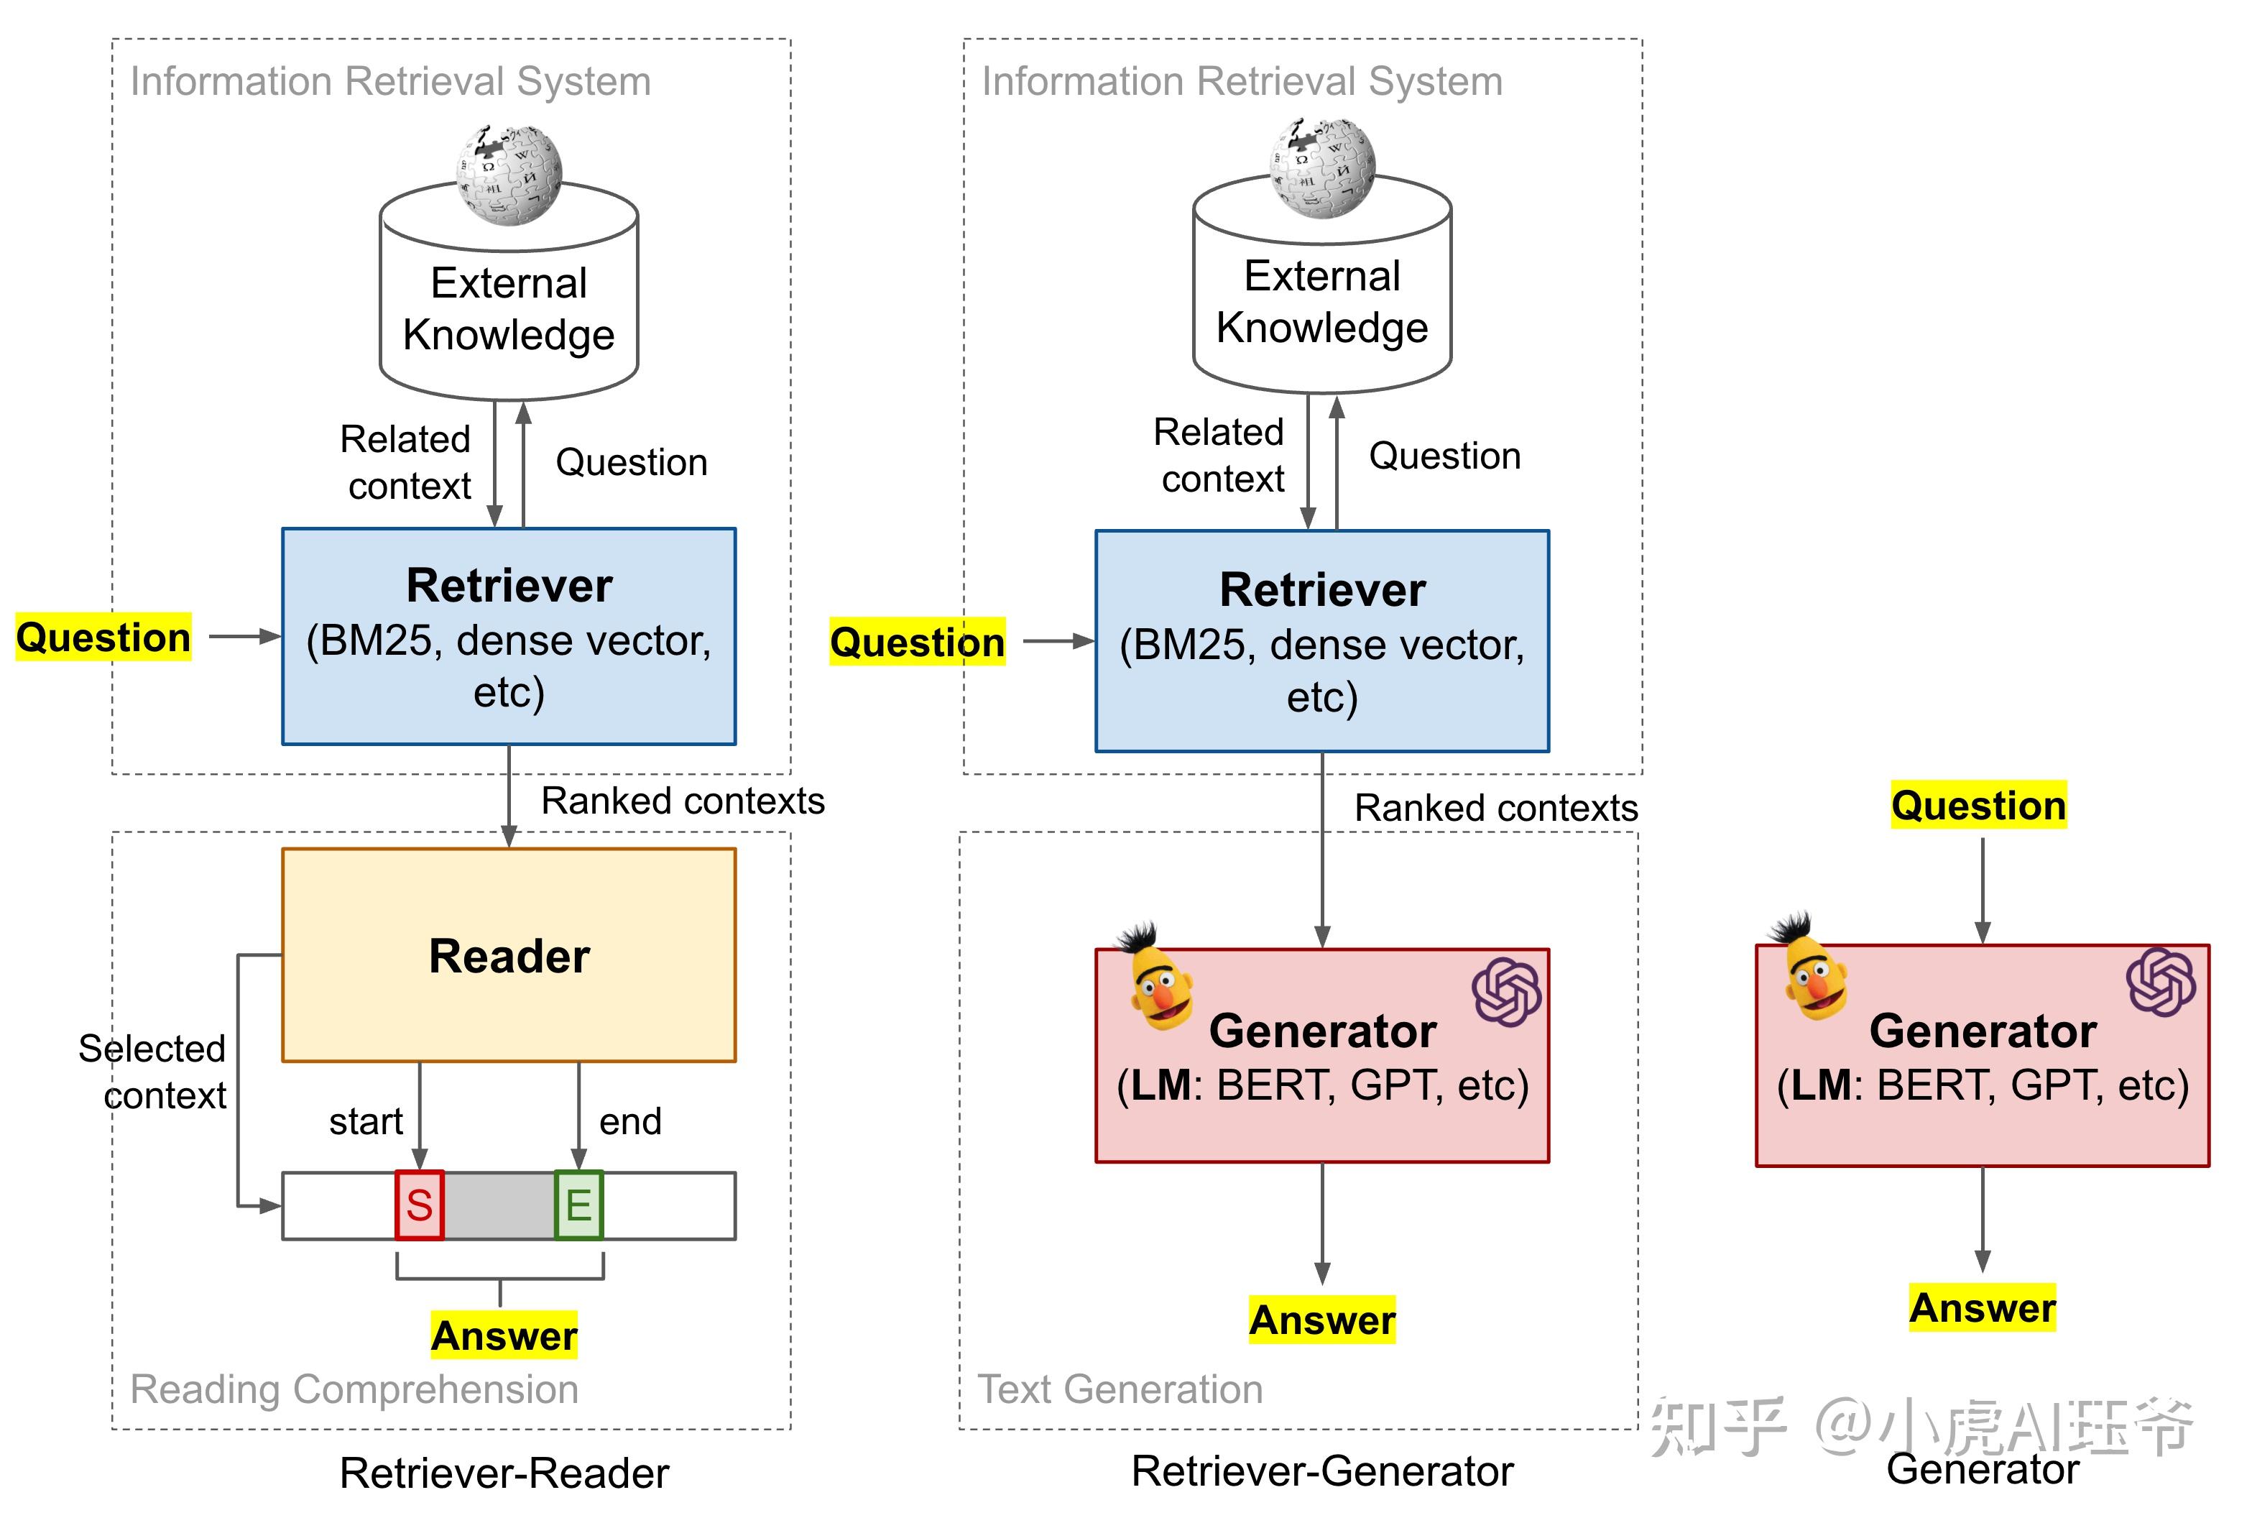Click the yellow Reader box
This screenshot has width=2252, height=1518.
click(x=508, y=954)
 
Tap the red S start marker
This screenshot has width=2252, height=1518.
click(x=419, y=1205)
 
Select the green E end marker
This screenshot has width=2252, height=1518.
click(x=578, y=1205)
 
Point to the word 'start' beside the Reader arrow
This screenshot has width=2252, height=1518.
click(x=366, y=1121)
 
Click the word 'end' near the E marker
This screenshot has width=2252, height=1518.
click(x=630, y=1121)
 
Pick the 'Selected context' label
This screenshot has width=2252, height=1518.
click(x=153, y=1072)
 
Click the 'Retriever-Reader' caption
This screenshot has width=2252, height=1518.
click(x=504, y=1473)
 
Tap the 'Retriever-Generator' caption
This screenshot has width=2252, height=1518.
click(x=1322, y=1471)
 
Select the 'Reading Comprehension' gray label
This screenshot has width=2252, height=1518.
click(x=354, y=1389)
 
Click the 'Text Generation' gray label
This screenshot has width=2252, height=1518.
click(x=1120, y=1389)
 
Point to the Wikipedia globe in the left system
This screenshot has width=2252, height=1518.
click(x=509, y=174)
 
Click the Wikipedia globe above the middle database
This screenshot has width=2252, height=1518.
click(x=1322, y=167)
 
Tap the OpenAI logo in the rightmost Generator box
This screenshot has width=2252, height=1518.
click(x=2161, y=982)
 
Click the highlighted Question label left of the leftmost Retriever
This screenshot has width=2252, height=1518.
click(x=103, y=637)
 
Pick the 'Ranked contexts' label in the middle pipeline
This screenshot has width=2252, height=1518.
click(x=1495, y=807)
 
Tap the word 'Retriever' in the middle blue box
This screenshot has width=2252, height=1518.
click(x=1322, y=589)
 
